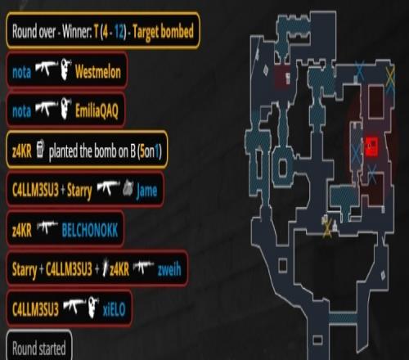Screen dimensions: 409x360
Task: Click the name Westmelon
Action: (x=98, y=72)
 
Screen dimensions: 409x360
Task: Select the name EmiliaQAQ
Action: (x=97, y=111)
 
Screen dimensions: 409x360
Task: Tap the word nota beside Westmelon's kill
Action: (x=21, y=72)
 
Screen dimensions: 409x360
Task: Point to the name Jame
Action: (x=146, y=190)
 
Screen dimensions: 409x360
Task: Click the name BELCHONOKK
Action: (x=90, y=230)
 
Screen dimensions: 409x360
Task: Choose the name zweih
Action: (x=169, y=269)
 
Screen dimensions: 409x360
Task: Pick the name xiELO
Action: (x=114, y=309)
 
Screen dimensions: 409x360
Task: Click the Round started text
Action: (x=39, y=349)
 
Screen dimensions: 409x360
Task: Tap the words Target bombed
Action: (x=163, y=32)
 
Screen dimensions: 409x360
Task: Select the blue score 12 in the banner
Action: (x=119, y=32)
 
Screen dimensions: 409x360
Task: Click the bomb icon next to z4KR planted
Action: (x=40, y=148)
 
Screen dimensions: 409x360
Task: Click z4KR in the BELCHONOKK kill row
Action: (x=22, y=231)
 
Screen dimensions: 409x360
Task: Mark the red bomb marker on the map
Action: (x=371, y=146)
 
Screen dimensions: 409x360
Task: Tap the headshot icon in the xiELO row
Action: (x=93, y=308)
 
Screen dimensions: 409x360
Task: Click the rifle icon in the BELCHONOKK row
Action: (x=47, y=227)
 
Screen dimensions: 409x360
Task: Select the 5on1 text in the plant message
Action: (x=150, y=151)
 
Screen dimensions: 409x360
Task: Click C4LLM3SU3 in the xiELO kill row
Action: (x=35, y=309)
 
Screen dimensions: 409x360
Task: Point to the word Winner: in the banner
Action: (x=77, y=32)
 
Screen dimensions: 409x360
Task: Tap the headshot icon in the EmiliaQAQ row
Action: (x=65, y=109)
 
